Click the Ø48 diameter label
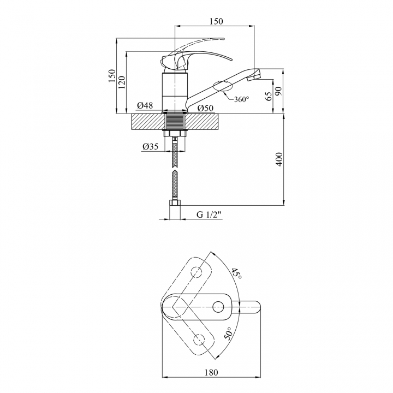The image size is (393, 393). [x=145, y=105]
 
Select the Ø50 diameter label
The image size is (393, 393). [x=205, y=108]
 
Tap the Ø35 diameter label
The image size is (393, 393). [x=151, y=146]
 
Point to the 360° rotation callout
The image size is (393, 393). [x=242, y=99]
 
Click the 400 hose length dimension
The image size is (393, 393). [x=279, y=159]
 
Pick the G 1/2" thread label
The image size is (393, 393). [x=209, y=215]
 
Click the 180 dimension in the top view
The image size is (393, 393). [x=211, y=372]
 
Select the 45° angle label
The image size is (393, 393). [x=236, y=274]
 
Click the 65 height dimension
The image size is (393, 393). [x=269, y=96]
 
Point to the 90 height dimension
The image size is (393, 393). [x=279, y=91]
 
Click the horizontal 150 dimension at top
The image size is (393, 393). [x=216, y=21]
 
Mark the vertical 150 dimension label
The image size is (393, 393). [x=112, y=75]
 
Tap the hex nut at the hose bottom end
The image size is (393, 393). [x=175, y=203]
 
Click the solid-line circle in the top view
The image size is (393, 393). [x=218, y=307]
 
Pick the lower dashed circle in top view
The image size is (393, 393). [x=200, y=340]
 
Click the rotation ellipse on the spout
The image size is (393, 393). [x=222, y=86]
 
